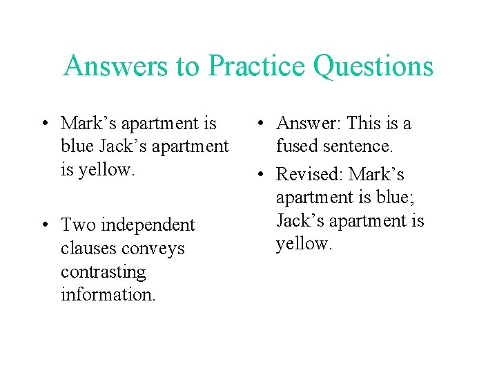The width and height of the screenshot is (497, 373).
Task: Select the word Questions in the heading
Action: (373, 66)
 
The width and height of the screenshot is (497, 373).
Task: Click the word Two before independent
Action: (77, 225)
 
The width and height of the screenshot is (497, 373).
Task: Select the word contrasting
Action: (104, 271)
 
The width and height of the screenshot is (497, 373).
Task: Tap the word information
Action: (108, 294)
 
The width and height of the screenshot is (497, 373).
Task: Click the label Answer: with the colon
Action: (309, 124)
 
